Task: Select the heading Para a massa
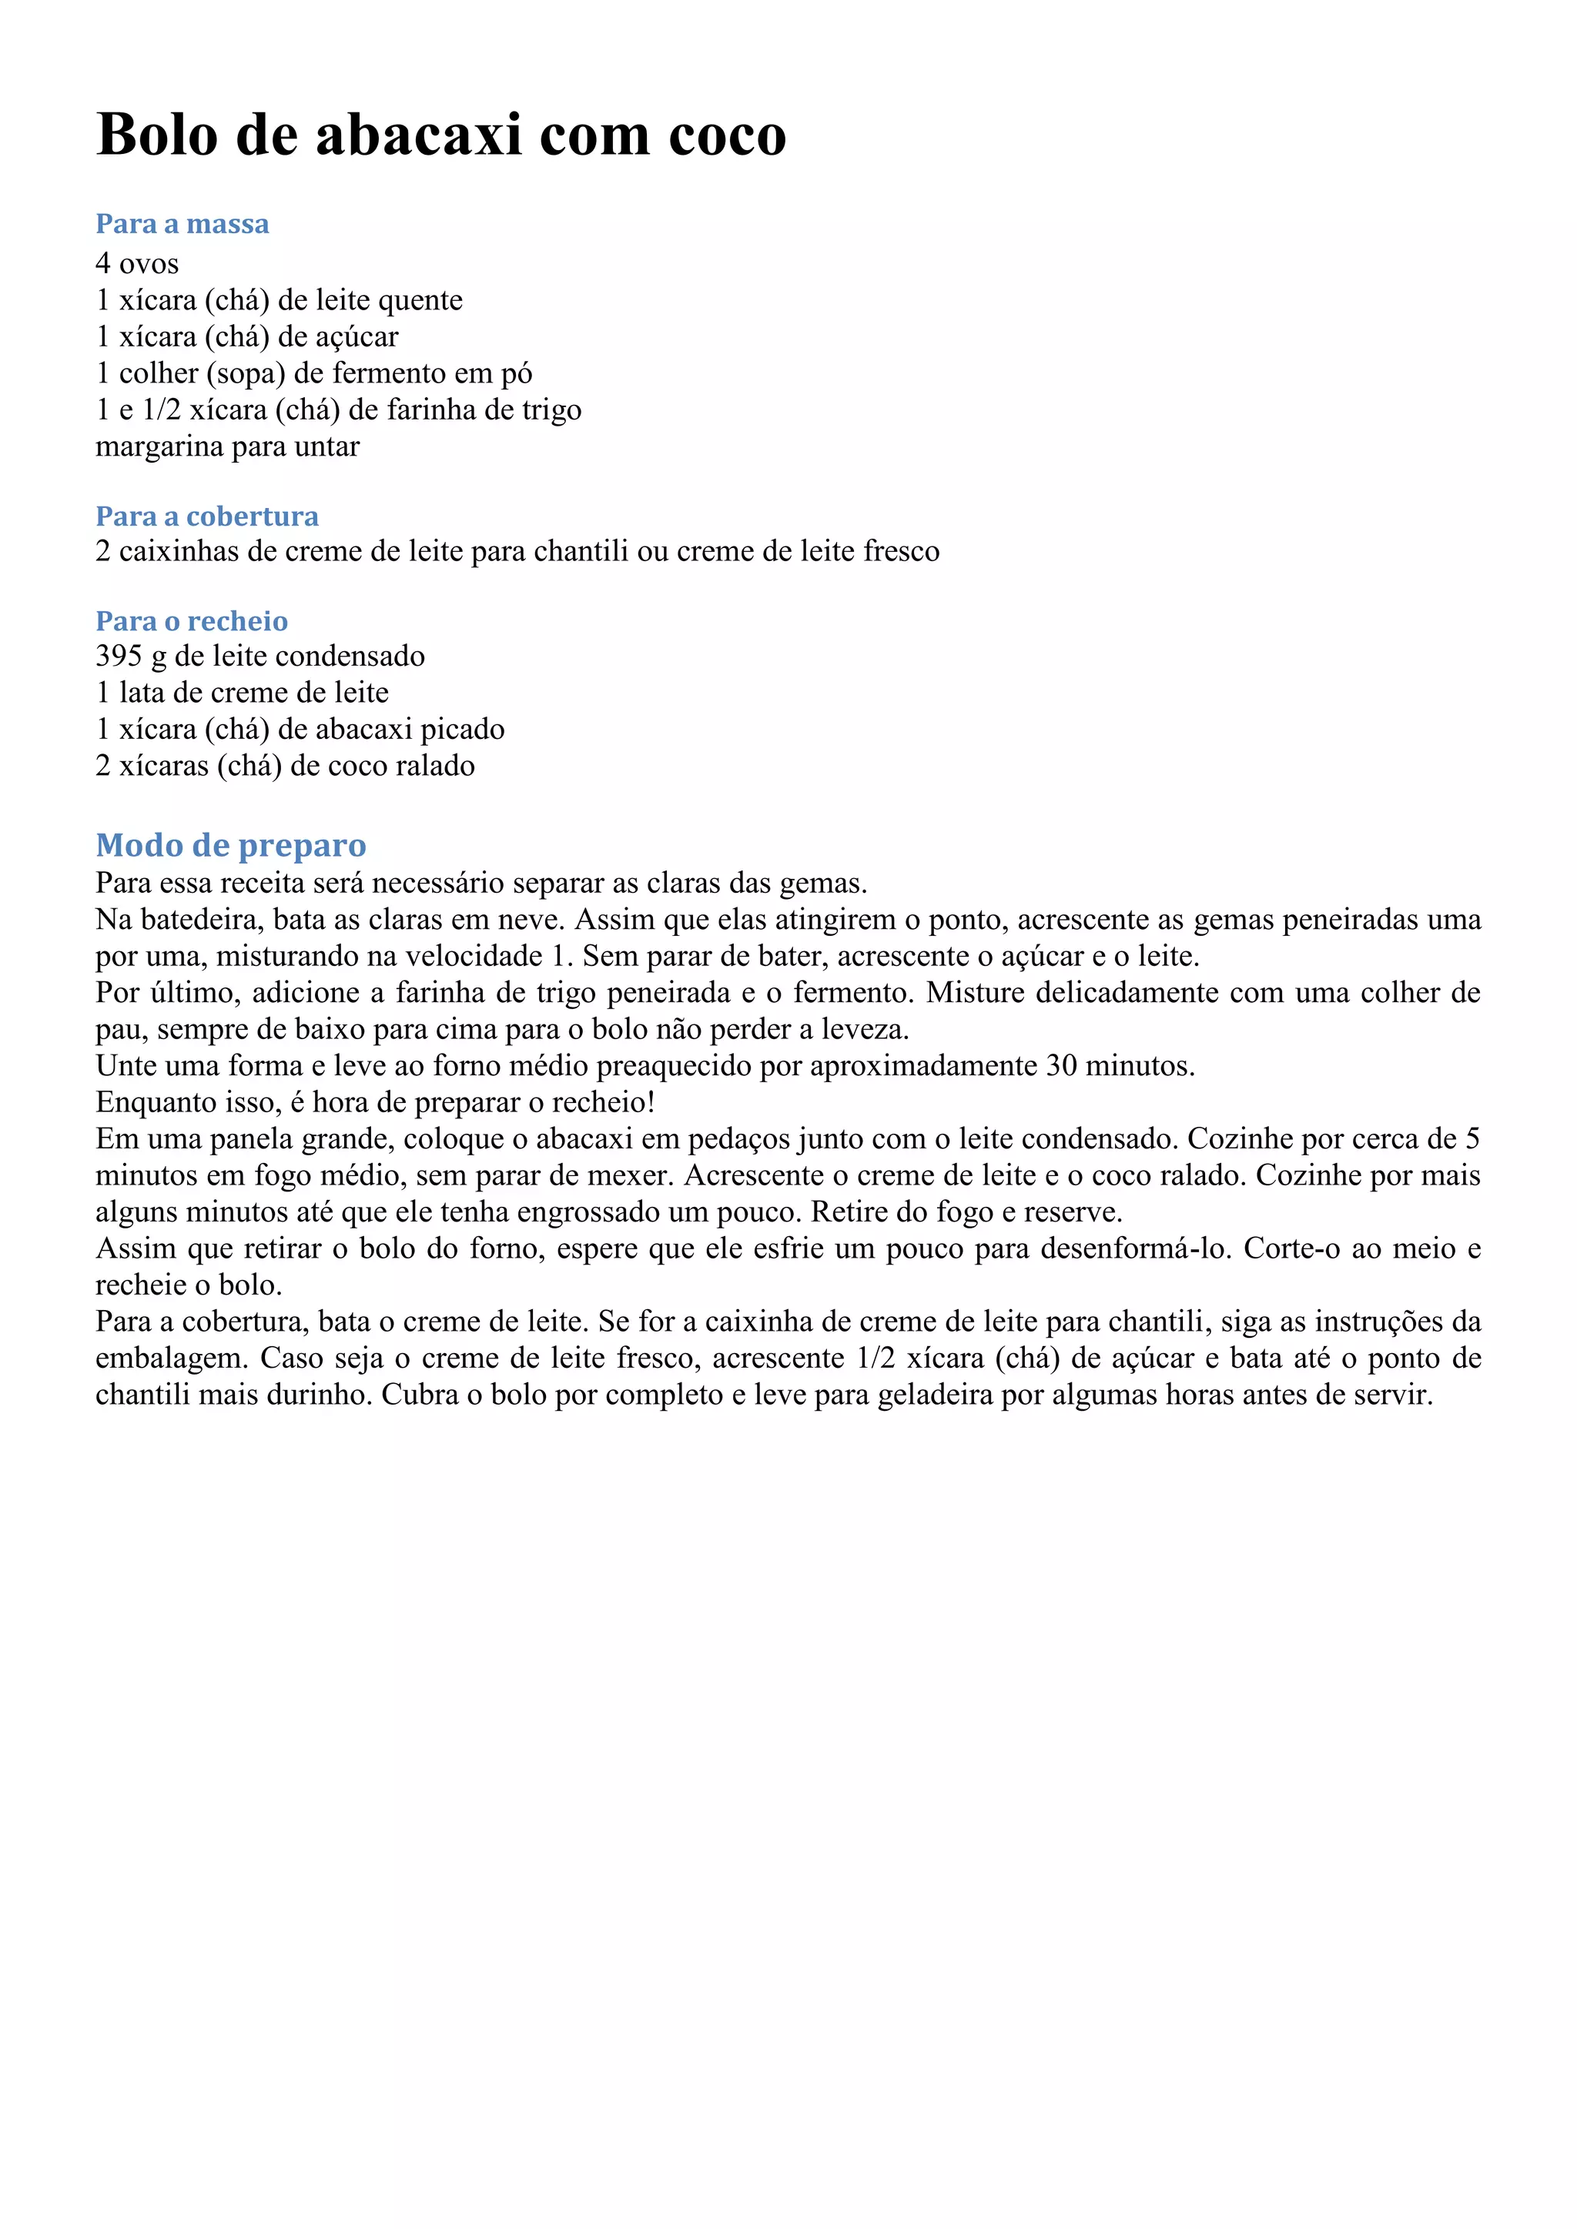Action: tap(182, 224)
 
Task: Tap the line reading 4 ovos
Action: tap(137, 263)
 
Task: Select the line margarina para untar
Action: tap(227, 446)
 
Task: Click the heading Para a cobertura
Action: tap(207, 516)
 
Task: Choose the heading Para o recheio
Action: tap(191, 620)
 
